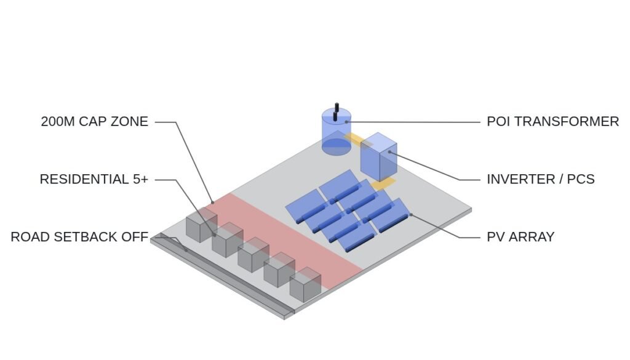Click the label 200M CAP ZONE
click(94, 121)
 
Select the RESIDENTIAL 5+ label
click(94, 179)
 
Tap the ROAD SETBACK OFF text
click(79, 237)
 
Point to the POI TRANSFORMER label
click(553, 121)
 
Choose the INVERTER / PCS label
click(541, 179)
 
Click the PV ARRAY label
click(520, 237)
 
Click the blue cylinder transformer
click(337, 132)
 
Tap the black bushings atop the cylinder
click(336, 112)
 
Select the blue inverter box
click(378, 157)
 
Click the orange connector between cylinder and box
click(356, 139)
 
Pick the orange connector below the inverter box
click(383, 184)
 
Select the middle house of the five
click(253, 255)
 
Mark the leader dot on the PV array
click(410, 215)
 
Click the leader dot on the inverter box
click(389, 152)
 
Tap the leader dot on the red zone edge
click(212, 202)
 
